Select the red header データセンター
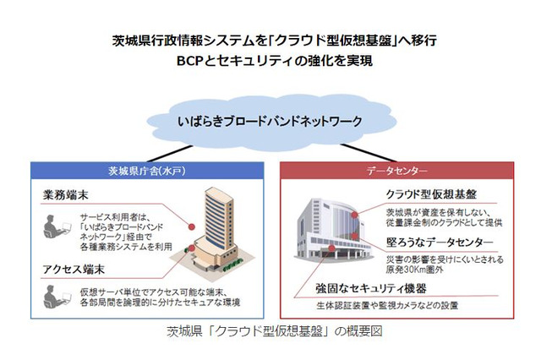point(391,170)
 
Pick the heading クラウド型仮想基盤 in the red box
point(418,194)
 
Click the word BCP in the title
point(190,61)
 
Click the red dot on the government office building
point(192,226)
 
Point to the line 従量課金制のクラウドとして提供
point(445,224)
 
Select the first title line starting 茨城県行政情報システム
point(270,40)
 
